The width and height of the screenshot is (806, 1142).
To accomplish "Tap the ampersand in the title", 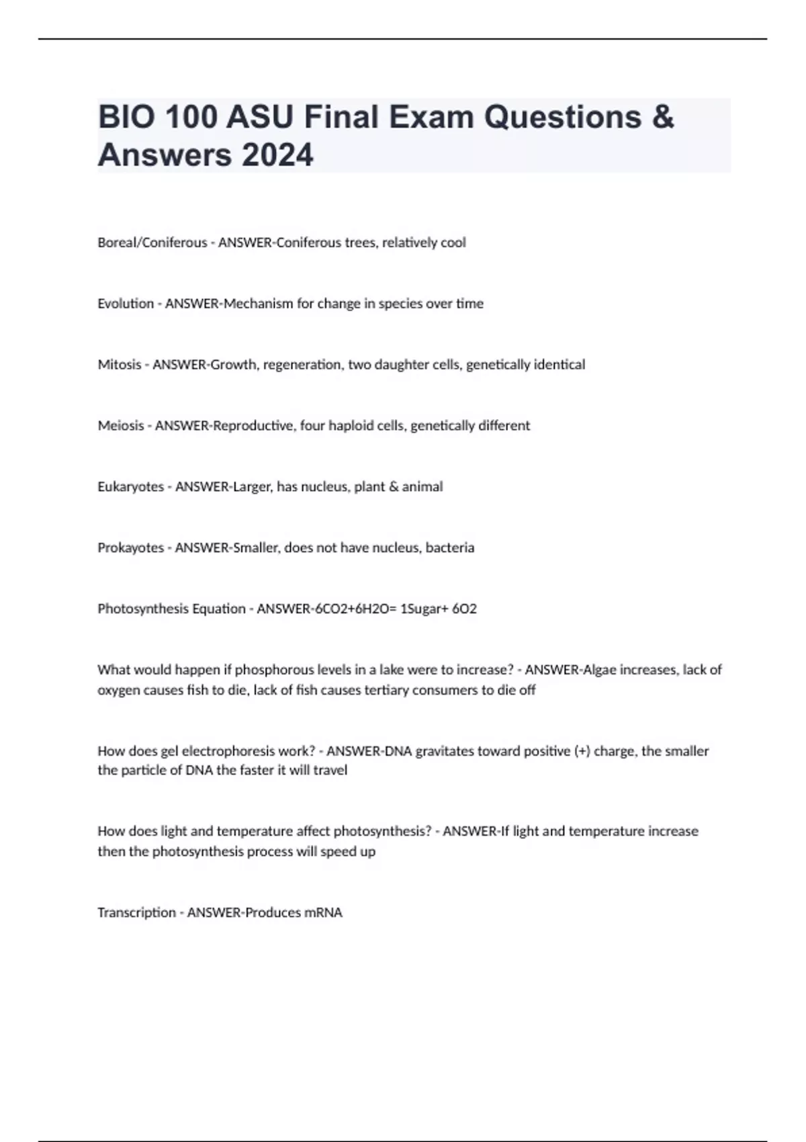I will point(662,117).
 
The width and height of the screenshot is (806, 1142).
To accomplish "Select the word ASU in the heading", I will point(259,117).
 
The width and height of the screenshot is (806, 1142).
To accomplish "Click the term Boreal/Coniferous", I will point(152,243).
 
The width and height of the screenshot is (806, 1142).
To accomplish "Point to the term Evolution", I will point(126,304).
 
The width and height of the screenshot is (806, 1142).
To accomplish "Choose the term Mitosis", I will point(119,365).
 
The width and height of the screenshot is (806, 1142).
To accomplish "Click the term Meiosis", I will point(120,426).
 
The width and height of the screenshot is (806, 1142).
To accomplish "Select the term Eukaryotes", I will point(130,487).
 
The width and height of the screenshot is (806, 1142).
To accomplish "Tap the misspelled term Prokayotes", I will point(130,548).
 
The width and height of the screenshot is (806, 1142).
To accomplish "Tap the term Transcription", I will point(136,913).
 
